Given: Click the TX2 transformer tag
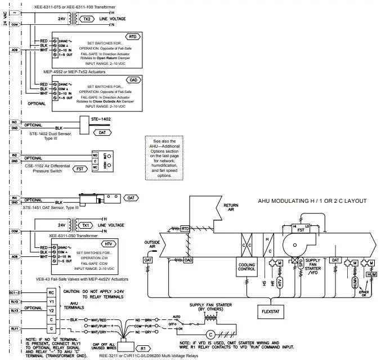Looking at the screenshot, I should (88, 18).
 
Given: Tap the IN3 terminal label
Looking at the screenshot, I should (15, 122).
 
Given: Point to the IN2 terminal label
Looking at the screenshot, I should (15, 154).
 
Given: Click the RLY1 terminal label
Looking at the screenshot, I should (15, 327).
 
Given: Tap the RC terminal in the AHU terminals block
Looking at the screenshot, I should (50, 292).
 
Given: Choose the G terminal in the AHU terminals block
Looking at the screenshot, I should (50, 327).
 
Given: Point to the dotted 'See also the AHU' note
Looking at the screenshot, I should (164, 158).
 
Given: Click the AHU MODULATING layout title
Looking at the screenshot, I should (312, 201).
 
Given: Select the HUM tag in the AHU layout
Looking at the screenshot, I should (371, 274).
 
